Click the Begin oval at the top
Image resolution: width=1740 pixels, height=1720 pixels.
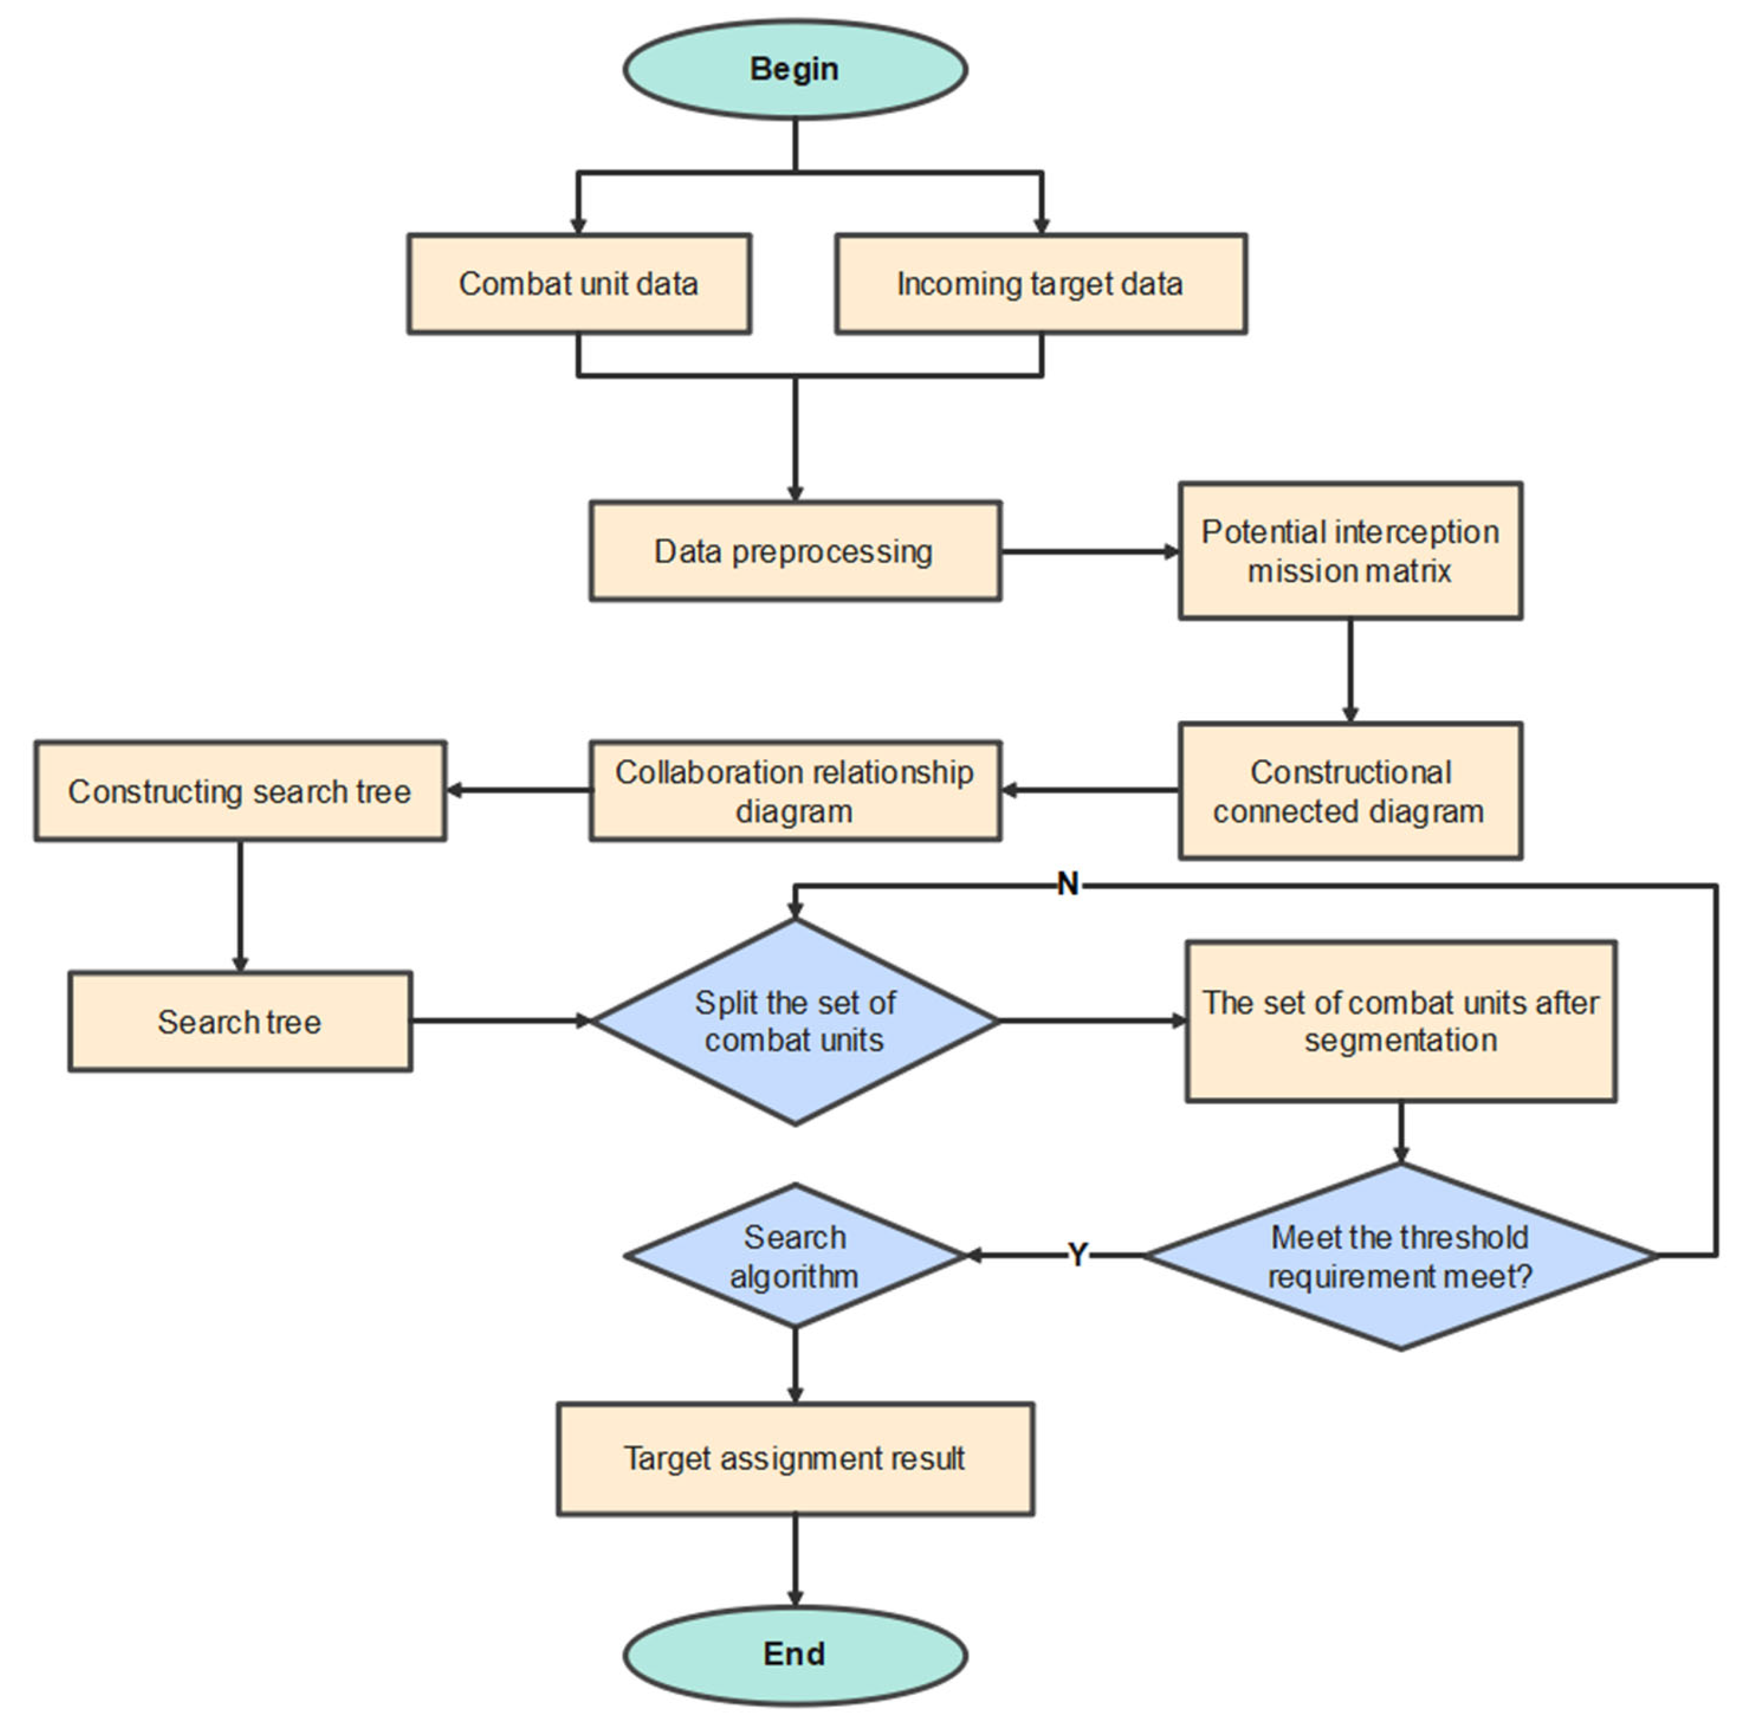point(795,69)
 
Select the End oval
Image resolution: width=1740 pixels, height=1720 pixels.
point(795,1653)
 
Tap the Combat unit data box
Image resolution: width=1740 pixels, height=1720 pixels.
point(578,283)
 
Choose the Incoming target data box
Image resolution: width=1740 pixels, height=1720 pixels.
point(1040,283)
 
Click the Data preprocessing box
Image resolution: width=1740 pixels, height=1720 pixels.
point(795,551)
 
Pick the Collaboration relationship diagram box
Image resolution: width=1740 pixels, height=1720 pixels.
point(795,790)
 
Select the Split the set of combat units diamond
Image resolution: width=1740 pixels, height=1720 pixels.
point(795,1021)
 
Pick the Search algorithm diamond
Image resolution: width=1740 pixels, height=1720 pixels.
point(795,1256)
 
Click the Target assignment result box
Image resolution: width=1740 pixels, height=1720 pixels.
point(795,1458)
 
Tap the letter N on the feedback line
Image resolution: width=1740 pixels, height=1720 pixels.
point(1067,884)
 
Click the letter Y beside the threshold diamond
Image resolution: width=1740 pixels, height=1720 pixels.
point(1077,1254)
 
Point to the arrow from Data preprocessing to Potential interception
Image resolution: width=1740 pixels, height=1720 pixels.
point(1090,551)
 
